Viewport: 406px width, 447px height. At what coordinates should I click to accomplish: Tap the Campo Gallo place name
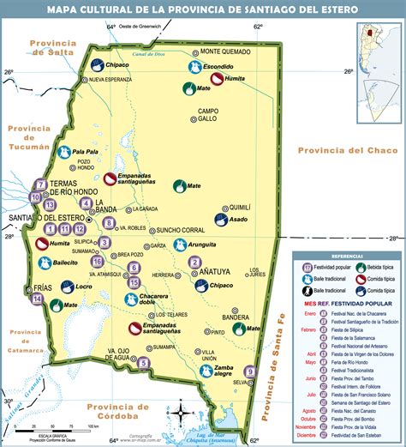209,115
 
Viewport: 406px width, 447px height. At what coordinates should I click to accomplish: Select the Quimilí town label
242,207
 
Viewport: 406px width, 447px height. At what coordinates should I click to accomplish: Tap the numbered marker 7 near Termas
40,184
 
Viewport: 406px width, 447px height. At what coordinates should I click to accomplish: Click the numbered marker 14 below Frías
38,299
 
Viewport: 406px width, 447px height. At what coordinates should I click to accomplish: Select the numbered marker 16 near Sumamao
98,261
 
